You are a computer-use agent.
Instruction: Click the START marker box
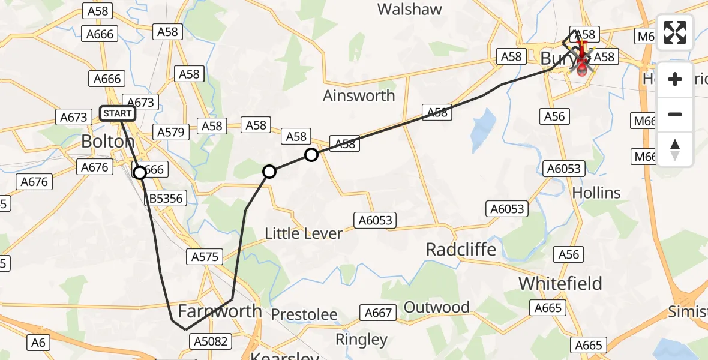117,113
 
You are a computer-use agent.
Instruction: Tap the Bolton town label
108,142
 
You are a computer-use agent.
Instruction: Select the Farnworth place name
220,311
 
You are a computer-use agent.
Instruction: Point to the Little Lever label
304,233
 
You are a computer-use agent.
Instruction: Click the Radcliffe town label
461,250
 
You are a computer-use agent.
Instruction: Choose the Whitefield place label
560,283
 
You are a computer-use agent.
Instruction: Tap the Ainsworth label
359,95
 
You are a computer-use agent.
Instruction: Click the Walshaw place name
410,9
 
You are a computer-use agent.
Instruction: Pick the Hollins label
596,193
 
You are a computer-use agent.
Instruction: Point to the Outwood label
437,307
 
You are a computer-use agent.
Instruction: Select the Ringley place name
361,340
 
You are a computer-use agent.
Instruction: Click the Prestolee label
304,314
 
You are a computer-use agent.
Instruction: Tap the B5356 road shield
166,199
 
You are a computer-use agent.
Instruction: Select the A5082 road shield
211,341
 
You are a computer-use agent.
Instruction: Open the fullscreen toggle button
674,32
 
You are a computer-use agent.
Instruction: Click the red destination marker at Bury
581,65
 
